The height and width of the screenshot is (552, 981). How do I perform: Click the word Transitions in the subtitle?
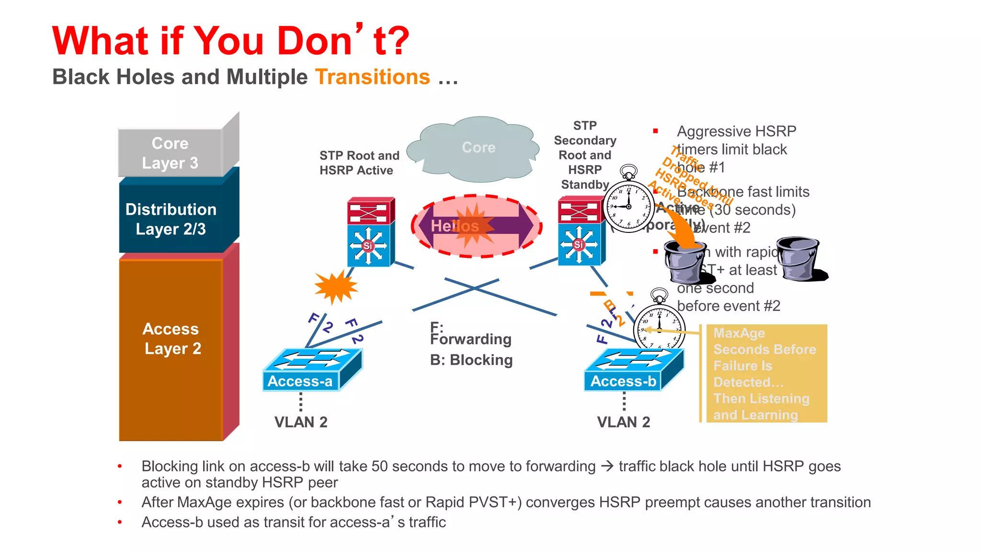373,77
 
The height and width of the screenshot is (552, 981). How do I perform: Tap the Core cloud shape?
478,148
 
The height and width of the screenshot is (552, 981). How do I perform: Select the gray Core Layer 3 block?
171,153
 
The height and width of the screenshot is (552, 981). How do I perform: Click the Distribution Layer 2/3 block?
171,219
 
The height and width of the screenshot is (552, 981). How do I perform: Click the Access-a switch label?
300,381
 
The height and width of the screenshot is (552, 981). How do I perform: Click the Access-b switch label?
623,381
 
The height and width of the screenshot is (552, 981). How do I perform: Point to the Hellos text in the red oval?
454,226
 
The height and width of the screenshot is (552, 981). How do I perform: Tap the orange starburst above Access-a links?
336,287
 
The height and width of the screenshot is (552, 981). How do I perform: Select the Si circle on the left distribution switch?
367,246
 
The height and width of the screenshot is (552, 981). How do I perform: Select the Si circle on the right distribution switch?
578,245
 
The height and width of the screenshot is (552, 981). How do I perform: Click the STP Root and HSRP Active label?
359,163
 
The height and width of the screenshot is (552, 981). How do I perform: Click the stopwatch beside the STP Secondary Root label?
628,204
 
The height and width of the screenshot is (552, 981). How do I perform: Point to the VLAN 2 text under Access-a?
301,422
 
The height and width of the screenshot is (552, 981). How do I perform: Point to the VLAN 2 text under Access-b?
623,422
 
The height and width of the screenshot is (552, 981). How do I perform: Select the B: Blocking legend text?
471,360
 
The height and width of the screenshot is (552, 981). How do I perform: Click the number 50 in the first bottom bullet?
379,466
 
